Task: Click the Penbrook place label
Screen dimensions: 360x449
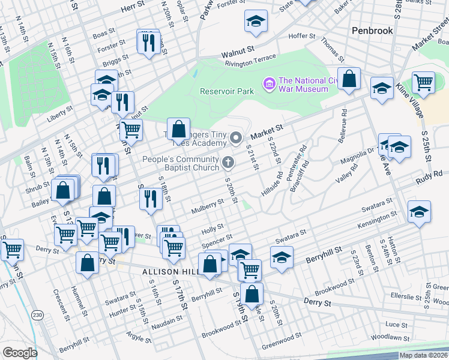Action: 372,29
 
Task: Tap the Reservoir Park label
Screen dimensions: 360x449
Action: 226,91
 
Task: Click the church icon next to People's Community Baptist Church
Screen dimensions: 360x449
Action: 228,161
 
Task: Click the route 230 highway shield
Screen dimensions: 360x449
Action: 38,314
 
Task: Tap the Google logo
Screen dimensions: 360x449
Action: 20,353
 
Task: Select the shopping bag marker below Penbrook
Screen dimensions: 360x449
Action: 349,79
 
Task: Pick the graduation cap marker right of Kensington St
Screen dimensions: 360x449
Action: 419,212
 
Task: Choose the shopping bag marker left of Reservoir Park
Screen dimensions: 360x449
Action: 178,128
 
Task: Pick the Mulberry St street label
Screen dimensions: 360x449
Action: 207,209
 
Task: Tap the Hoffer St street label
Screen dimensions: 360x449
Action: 302,37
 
